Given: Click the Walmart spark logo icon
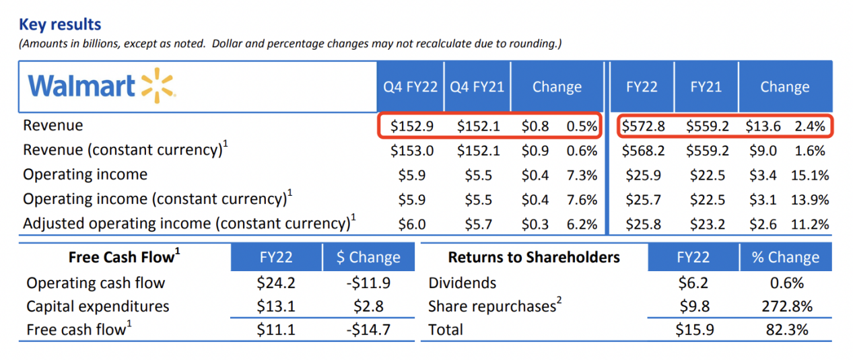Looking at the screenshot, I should [x=158, y=86].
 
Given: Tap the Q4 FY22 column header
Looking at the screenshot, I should [x=410, y=87].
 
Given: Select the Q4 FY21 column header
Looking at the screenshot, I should [x=477, y=87].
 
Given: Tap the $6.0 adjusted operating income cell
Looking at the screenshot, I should [x=411, y=223].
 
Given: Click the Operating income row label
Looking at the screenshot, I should [x=85, y=175].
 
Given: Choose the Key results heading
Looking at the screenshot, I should [x=60, y=25].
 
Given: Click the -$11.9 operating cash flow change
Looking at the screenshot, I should [x=368, y=283].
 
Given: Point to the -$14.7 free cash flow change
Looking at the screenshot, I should [x=368, y=330].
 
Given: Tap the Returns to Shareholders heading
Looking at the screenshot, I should [x=533, y=258].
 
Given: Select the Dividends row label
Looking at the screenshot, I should [x=462, y=283].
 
